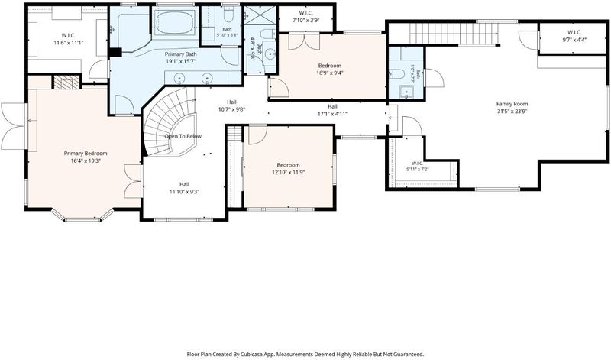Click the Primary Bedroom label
pyautogui.click(x=86, y=154)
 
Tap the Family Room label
pyautogui.click(x=512, y=104)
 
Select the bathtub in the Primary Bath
pyautogui.click(x=175, y=24)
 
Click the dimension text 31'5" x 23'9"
pyautogui.click(x=512, y=111)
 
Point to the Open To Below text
pyautogui.click(x=183, y=136)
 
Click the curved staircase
pyautogui.click(x=167, y=121)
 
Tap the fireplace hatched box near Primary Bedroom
pyautogui.click(x=66, y=83)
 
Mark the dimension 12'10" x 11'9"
pyautogui.click(x=289, y=172)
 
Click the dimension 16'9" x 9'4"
pyautogui.click(x=330, y=73)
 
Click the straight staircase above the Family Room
pyautogui.click(x=454, y=34)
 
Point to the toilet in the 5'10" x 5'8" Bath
pyautogui.click(x=228, y=16)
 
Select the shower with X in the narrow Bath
pyautogui.click(x=260, y=17)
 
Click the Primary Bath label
pyautogui.click(x=180, y=54)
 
